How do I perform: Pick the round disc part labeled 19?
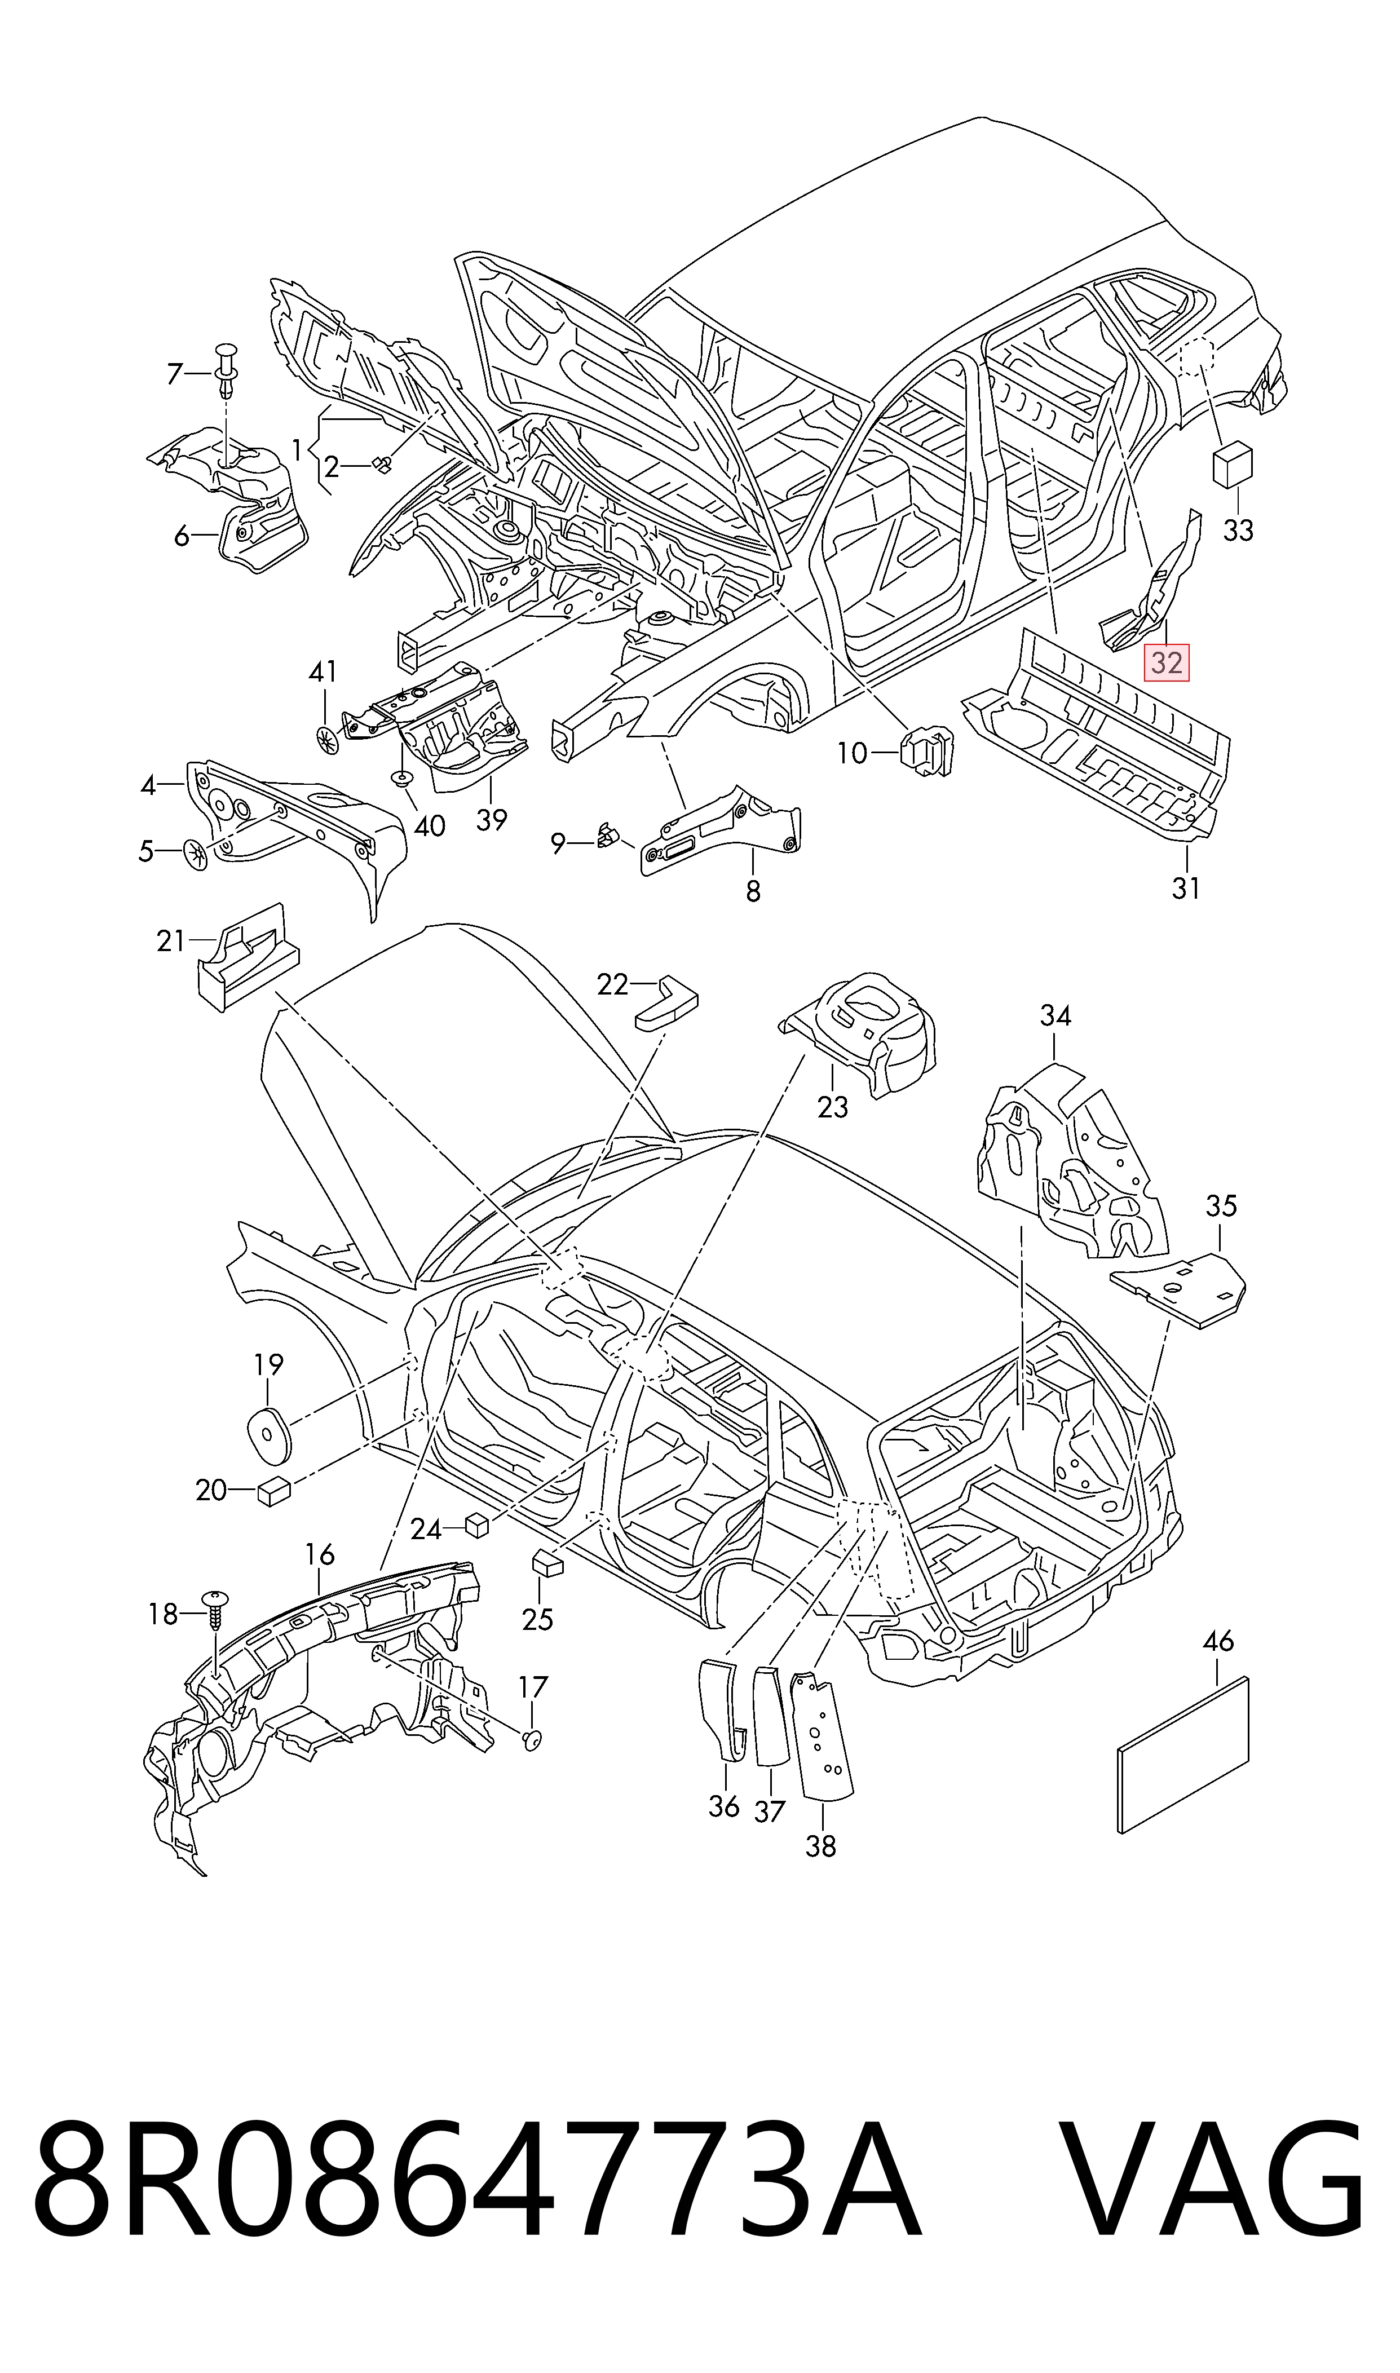[269, 1434]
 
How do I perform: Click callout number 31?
[1186, 887]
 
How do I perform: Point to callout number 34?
[1055, 1016]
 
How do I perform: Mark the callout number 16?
[321, 1553]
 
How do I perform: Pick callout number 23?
[833, 1106]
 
